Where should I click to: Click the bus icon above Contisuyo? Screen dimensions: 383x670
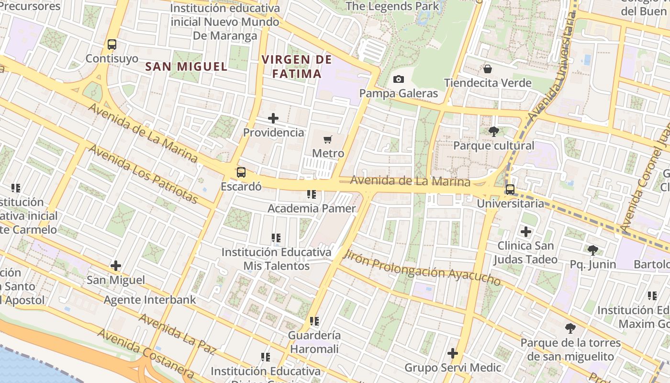112,45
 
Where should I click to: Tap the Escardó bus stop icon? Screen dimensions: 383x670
241,172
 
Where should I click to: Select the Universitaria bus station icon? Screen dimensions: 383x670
510,190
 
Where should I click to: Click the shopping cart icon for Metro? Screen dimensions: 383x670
328,139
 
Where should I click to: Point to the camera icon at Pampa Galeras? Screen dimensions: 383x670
398,79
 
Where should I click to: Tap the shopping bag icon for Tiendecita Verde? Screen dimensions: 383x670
487,69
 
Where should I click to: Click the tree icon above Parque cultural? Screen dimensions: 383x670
493,132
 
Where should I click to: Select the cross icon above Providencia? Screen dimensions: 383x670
273,118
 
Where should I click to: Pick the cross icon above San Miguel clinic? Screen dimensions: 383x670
115,266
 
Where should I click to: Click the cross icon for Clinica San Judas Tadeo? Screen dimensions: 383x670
526,232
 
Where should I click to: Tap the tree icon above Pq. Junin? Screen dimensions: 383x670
592,250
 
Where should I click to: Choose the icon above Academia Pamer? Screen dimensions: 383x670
312,194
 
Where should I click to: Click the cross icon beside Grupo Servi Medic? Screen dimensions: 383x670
452,354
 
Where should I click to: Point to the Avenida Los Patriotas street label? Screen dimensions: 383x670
143,174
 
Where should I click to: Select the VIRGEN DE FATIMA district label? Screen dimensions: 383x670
297,67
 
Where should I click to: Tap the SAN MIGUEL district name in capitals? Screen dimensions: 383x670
186,67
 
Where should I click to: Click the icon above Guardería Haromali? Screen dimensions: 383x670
314,321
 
